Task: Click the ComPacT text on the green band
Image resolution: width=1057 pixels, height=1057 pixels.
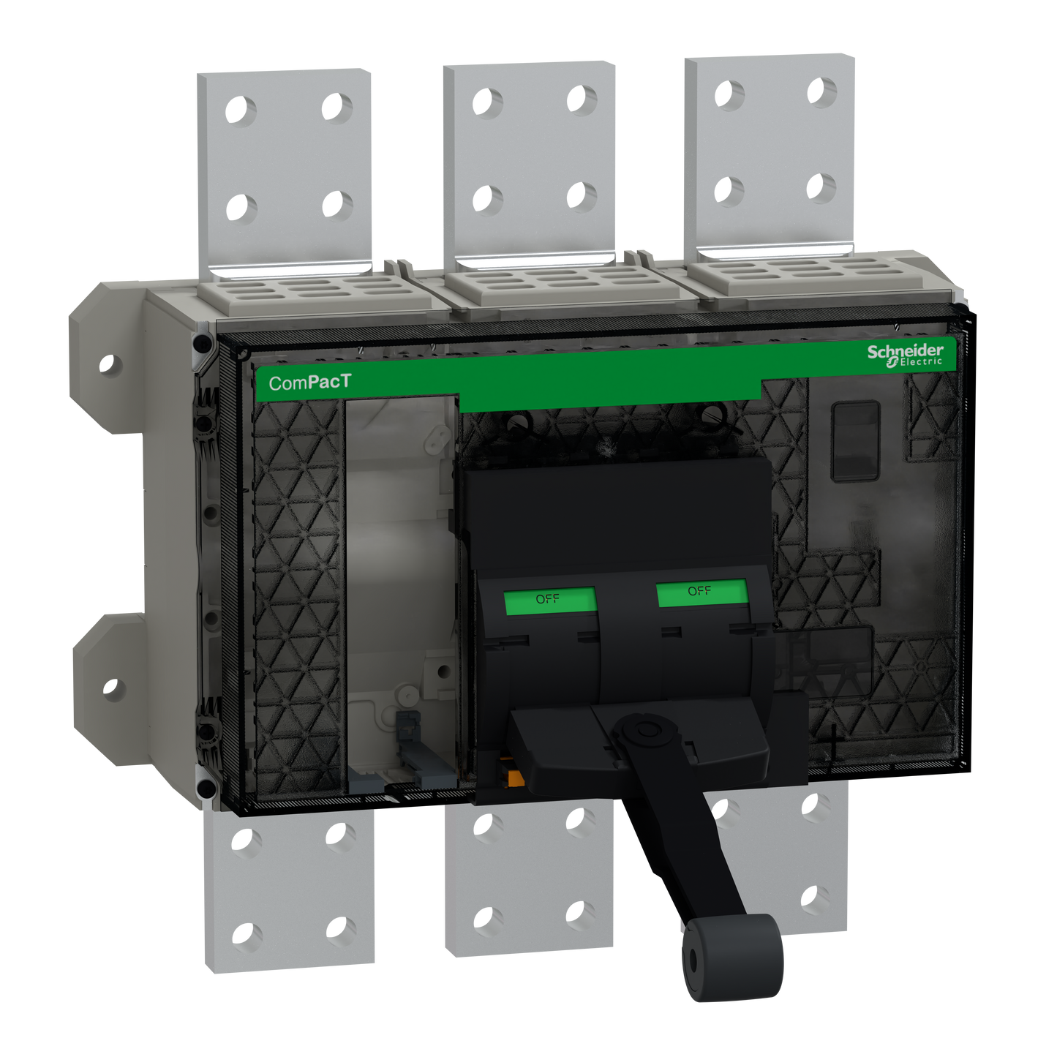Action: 309,382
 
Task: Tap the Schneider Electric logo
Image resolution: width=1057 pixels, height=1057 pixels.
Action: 906,355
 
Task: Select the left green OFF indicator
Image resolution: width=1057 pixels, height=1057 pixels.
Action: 549,599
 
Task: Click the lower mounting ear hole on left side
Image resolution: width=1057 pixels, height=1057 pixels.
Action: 110,688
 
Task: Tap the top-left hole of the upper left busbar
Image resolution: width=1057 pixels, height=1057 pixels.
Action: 242,110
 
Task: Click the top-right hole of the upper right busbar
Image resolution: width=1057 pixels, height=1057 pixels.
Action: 822,91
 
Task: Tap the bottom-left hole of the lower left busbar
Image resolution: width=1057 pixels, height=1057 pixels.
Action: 247,935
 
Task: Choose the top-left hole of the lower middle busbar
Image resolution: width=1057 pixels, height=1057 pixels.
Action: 488,824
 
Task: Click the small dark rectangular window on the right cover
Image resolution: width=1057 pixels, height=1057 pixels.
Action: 855,441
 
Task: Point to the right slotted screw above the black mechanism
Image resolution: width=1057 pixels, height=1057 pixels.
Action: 712,415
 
